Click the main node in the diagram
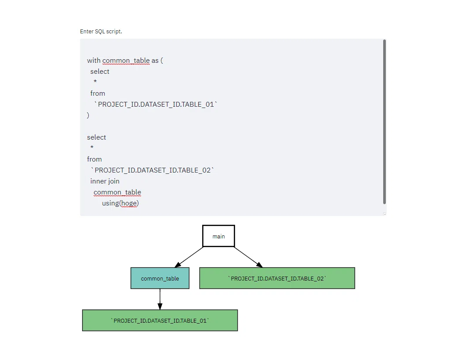click(218, 236)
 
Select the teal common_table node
click(160, 278)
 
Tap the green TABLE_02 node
click(277, 278)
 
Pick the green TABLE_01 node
click(160, 320)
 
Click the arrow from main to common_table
click(189, 257)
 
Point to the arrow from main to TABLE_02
click(248, 257)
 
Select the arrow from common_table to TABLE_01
click(160, 299)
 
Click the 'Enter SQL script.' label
click(101, 31)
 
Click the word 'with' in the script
click(94, 61)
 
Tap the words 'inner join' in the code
click(105, 181)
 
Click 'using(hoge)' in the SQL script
click(120, 203)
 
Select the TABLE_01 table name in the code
click(156, 104)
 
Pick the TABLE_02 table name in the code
click(152, 170)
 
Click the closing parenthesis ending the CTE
click(88, 115)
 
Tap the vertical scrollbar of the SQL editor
click(385, 122)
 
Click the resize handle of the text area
click(385, 214)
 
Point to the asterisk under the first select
click(95, 81)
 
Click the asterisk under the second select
click(92, 147)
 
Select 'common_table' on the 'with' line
click(126, 61)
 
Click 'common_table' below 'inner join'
click(117, 192)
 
